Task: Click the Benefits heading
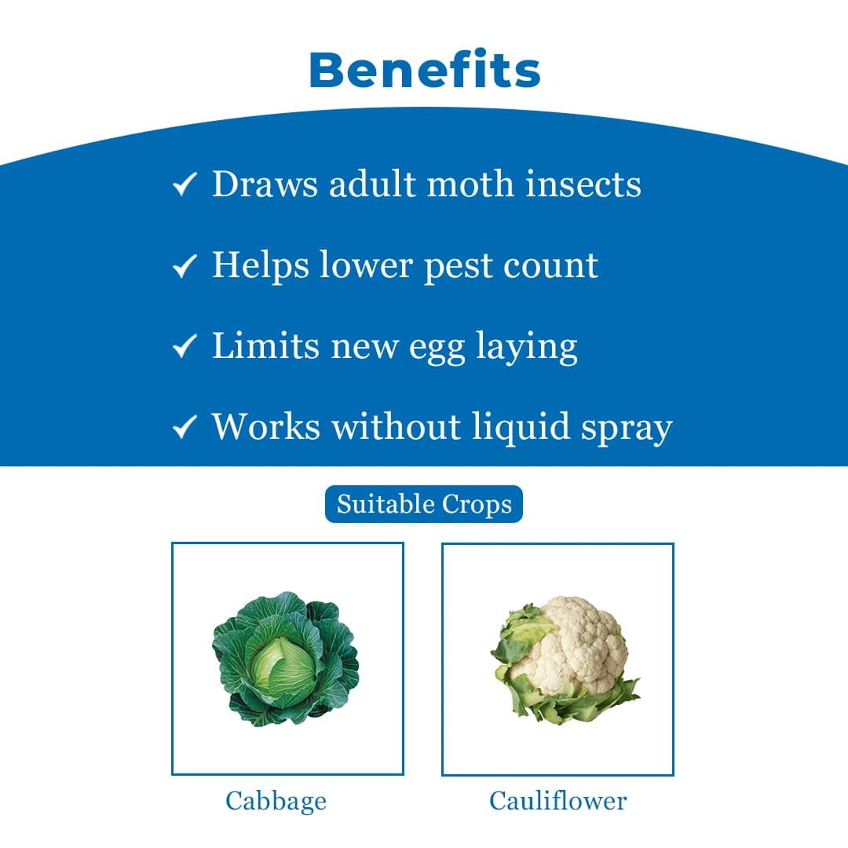pos(424,70)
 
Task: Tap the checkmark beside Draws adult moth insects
pos(183,186)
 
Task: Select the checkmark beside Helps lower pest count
pos(183,267)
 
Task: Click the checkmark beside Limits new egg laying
pos(183,348)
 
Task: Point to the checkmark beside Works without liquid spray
pos(183,428)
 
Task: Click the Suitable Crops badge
pos(424,504)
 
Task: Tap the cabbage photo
pos(287,658)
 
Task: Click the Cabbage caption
pos(276,801)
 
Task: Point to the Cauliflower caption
pos(558,801)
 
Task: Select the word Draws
pos(265,184)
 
